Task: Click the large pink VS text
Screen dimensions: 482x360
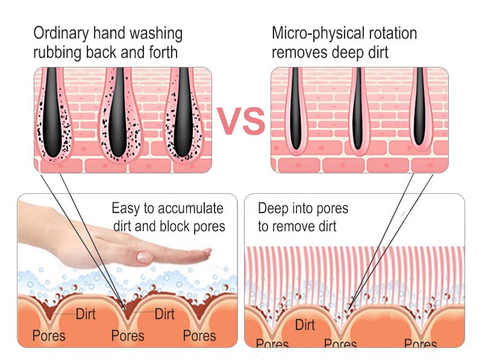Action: click(241, 121)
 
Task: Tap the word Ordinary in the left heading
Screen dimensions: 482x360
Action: click(61, 33)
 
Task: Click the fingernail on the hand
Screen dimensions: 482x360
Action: click(145, 257)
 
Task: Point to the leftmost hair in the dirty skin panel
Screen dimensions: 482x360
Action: click(52, 112)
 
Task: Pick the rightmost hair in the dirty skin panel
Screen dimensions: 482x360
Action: click(183, 112)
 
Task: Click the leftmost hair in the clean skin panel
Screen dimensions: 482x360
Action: click(295, 108)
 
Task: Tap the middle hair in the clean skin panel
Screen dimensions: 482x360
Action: click(357, 108)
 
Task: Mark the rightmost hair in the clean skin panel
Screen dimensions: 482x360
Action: click(419, 107)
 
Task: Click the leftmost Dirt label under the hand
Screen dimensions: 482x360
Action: click(86, 314)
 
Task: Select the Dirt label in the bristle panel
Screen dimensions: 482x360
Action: click(305, 324)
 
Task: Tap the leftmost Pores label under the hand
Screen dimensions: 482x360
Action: click(49, 335)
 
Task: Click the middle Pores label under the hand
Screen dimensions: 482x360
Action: click(128, 335)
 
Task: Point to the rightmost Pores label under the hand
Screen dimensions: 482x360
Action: click(199, 335)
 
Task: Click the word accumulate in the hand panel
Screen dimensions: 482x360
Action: click(189, 208)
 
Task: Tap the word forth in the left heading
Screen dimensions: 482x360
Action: click(163, 52)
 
